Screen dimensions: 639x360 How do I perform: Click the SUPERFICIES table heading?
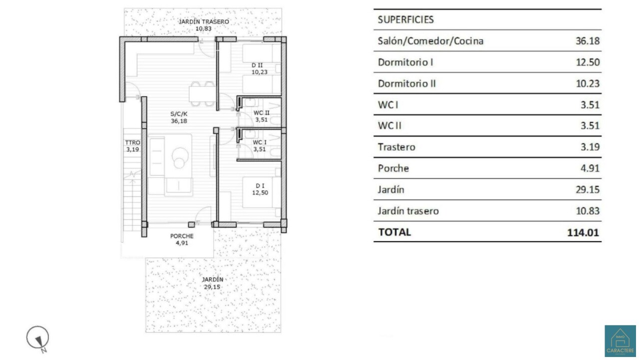tap(406, 19)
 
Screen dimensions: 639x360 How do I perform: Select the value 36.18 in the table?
tap(588, 41)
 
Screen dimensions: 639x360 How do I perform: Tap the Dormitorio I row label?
tap(405, 62)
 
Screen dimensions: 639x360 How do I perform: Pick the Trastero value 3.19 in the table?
tap(590, 147)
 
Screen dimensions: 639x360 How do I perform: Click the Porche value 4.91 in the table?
tap(590, 168)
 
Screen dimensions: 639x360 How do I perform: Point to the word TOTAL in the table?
tap(394, 232)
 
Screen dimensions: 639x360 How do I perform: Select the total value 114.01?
tap(583, 233)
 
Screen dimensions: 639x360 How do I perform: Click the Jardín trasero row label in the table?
tap(408, 211)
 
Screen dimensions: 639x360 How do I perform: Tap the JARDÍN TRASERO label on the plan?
tap(204, 21)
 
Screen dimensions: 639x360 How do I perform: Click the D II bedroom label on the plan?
tap(257, 65)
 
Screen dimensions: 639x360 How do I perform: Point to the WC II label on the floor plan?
tap(261, 113)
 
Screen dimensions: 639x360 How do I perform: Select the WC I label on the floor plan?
tap(260, 142)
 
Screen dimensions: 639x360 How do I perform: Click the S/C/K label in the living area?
tap(179, 114)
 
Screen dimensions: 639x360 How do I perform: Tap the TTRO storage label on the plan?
tap(133, 142)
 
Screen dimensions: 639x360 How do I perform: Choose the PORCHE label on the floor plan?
tap(182, 236)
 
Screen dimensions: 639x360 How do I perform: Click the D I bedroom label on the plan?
tap(260, 186)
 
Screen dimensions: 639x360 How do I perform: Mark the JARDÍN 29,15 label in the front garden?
tap(213, 283)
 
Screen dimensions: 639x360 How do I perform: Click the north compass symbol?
tap(38, 339)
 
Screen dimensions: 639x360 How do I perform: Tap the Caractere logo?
tap(620, 341)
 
